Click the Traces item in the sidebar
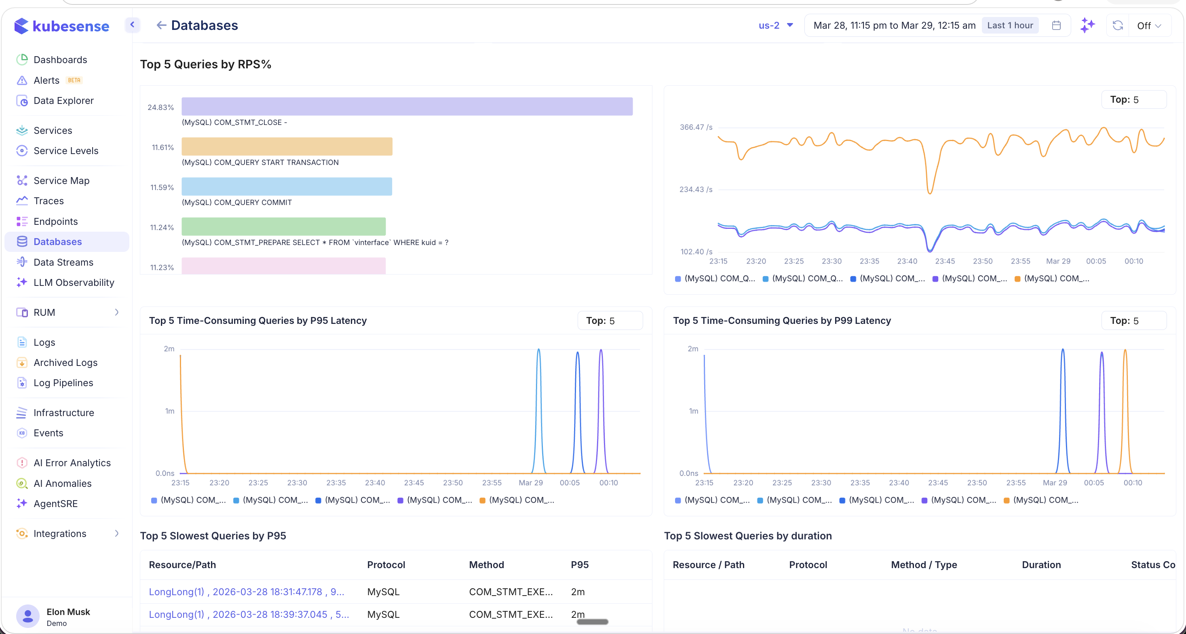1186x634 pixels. pos(49,201)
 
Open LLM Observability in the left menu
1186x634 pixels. pos(74,282)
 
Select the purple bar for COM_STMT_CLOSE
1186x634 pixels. pos(407,106)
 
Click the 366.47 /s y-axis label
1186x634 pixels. pos(696,127)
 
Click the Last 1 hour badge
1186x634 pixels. pos(1010,25)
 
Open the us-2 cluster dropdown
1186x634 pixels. pos(775,25)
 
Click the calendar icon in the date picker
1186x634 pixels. pos(1056,25)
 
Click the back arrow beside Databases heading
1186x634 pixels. pos(161,25)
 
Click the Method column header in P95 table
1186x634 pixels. pos(486,564)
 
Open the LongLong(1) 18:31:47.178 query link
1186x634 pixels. pos(246,592)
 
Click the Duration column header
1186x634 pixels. pos(1041,564)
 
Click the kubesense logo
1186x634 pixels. pos(62,26)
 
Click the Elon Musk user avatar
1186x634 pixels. pos(27,616)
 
